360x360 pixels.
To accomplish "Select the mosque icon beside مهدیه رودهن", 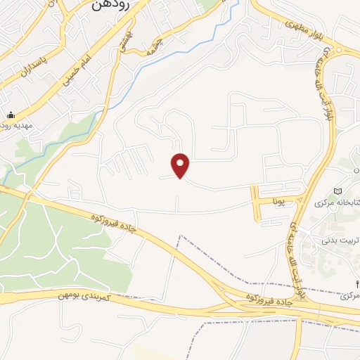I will coord(11,115).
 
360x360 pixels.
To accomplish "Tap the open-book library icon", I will coord(338,192).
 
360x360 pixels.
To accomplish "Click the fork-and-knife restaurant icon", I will coord(356,284).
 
